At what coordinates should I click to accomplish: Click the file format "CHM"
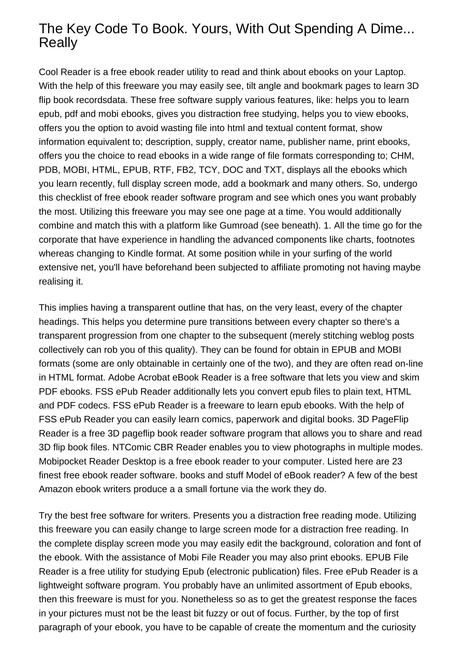[x=401, y=156]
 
